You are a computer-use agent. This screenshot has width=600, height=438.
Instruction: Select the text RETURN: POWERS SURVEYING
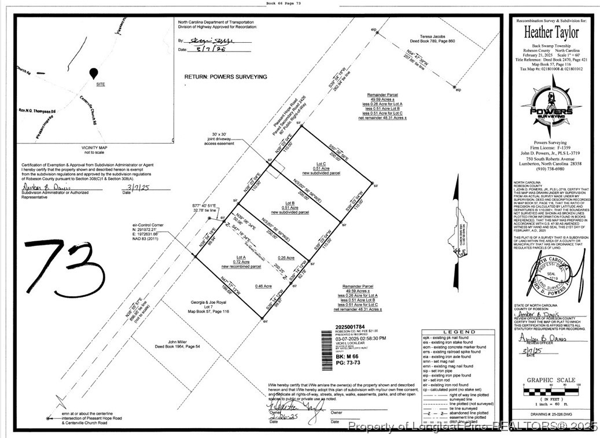click(x=226, y=76)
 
